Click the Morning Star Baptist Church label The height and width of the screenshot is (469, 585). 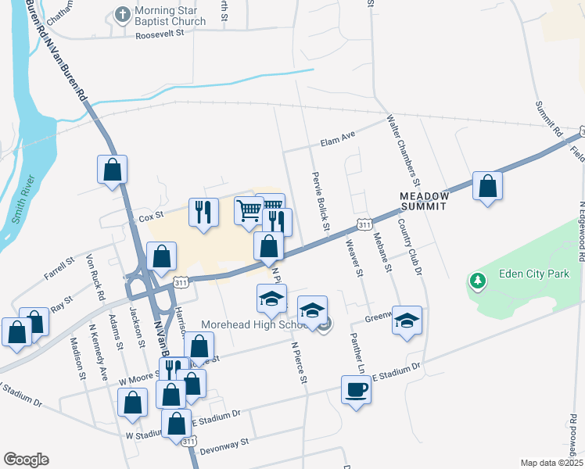(170, 16)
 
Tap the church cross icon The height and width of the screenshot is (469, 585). (122, 15)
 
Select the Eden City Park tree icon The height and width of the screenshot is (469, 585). (476, 280)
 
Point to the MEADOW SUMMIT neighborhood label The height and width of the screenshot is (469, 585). (422, 201)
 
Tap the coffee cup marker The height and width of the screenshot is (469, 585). (357, 388)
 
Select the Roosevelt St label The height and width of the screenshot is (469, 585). (159, 35)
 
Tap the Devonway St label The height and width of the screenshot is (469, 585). (224, 442)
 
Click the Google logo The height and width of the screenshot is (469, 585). (26, 460)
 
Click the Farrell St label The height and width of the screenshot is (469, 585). (59, 270)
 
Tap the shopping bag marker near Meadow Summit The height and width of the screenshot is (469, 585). (487, 186)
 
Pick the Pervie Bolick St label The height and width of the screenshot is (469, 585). (320, 200)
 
